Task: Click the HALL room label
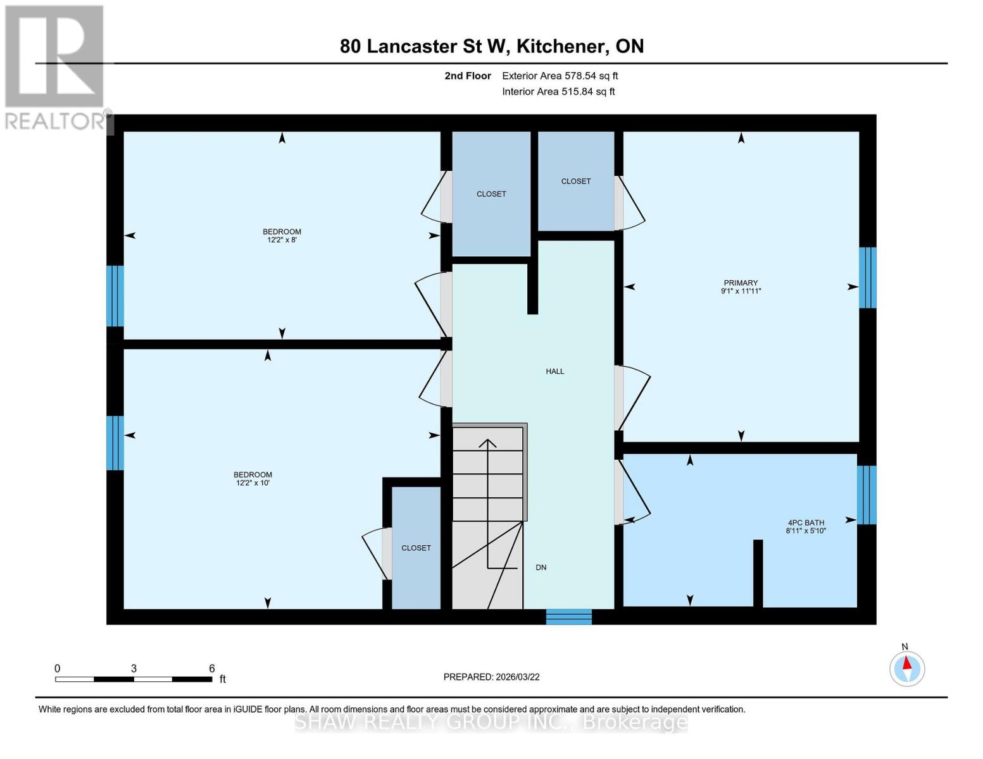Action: pos(554,371)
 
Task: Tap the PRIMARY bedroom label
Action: pos(741,283)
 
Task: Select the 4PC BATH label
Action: pos(806,522)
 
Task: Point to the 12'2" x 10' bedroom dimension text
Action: pos(253,483)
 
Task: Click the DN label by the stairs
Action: pos(541,567)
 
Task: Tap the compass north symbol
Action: pos(907,668)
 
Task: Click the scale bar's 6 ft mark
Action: pos(211,669)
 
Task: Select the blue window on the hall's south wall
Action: pos(568,616)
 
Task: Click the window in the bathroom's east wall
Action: pos(867,495)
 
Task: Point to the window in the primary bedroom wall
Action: pos(867,278)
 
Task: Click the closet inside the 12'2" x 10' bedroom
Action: pos(416,548)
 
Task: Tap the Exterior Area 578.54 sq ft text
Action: pos(560,76)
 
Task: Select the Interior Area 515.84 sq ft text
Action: pos(558,92)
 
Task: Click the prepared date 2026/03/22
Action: pos(491,677)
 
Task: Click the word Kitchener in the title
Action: pos(557,46)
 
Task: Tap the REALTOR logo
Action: pos(54,66)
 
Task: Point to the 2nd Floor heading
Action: pos(468,76)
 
